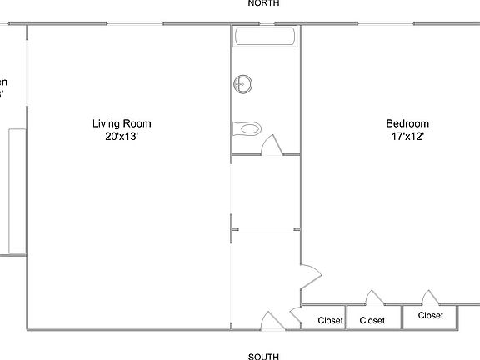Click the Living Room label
point(122,124)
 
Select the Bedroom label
point(407,122)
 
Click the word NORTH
point(263,4)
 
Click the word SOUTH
point(263,356)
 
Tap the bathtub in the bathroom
point(265,37)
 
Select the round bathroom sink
point(243,83)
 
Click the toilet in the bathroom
point(247,128)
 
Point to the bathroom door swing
point(272,145)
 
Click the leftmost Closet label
point(330,319)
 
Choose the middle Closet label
point(372,319)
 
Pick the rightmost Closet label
point(430,315)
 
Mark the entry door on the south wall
point(272,320)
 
